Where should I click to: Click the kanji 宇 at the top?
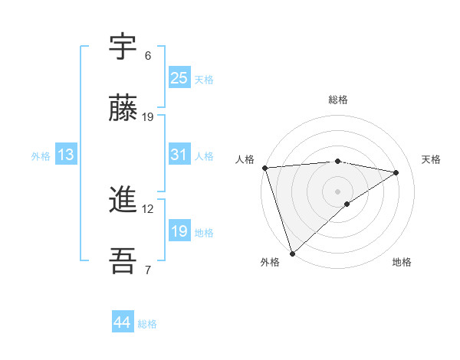pos(123,47)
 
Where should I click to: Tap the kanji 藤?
pos(123,109)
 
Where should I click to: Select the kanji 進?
pos(123,201)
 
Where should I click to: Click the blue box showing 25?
pos(179,77)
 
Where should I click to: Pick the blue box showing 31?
pos(179,155)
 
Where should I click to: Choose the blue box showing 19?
pos(179,231)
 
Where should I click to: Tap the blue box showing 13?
pos(66,155)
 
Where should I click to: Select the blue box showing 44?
pos(123,322)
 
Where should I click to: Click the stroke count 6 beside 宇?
pos(148,56)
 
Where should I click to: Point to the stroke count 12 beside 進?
pos(148,208)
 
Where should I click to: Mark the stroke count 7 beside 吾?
pos(148,270)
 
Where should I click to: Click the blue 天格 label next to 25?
pos(204,79)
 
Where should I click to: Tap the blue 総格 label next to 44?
pos(147,324)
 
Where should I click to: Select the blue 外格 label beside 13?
pos(41,156)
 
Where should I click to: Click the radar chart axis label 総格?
pos(338,100)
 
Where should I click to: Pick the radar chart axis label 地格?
pos(402,262)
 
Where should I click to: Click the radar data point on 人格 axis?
pos(264,168)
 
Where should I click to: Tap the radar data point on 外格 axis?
pos(292,253)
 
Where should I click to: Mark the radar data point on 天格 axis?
pos(396,172)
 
